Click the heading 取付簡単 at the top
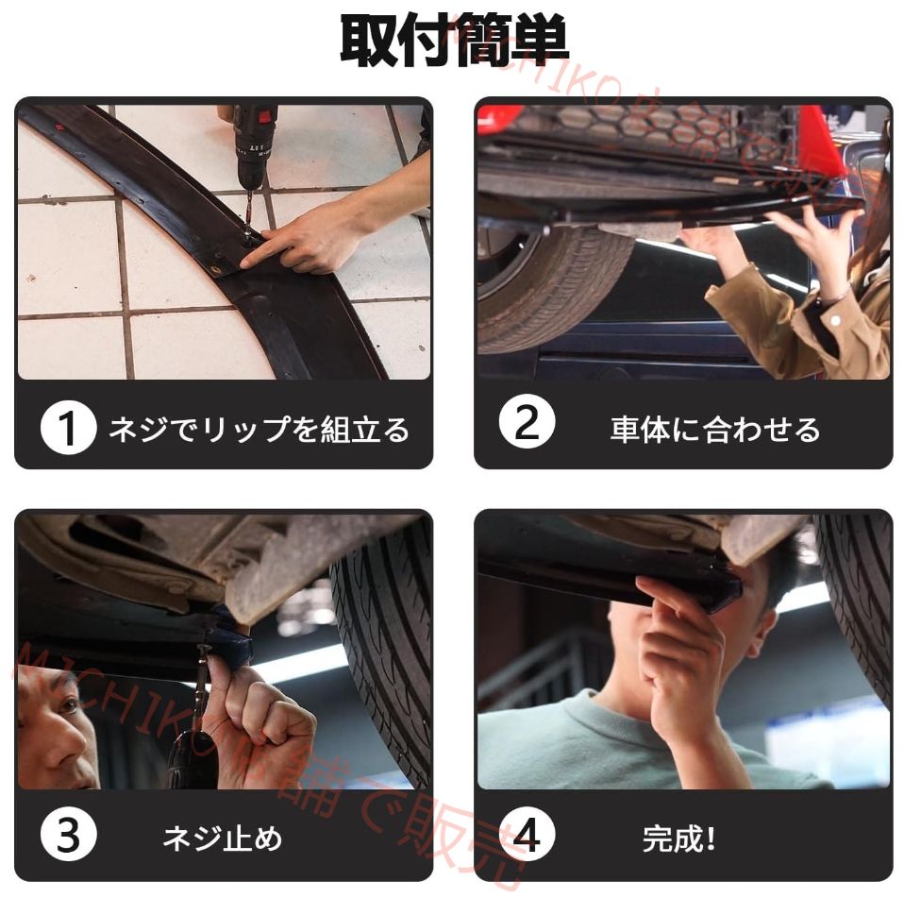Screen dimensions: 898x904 453,41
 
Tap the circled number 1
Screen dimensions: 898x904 68,430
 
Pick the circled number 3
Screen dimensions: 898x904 68,837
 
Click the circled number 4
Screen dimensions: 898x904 527,837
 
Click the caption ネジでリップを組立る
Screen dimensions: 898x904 259,431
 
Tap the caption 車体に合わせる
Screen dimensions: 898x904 714,431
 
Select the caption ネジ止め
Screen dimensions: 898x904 222,838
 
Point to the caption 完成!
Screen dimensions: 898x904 678,838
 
